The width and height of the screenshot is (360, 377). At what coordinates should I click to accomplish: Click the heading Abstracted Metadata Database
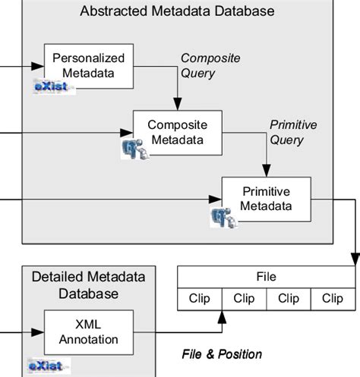pyautogui.click(x=177, y=12)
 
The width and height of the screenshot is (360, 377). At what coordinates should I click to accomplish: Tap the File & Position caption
pyautogui.click(x=222, y=354)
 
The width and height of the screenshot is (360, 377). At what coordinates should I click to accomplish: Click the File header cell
pyautogui.click(x=266, y=278)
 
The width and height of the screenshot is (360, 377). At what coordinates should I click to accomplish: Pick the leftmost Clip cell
pyautogui.click(x=199, y=299)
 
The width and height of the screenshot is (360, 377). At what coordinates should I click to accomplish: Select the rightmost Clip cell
pyautogui.click(x=332, y=299)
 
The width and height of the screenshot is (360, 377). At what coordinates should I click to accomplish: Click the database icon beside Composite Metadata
pyautogui.click(x=135, y=149)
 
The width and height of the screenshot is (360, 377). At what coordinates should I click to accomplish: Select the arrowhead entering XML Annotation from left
pyautogui.click(x=39, y=331)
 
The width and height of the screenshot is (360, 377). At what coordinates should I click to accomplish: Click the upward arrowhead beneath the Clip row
pyautogui.click(x=221, y=313)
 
